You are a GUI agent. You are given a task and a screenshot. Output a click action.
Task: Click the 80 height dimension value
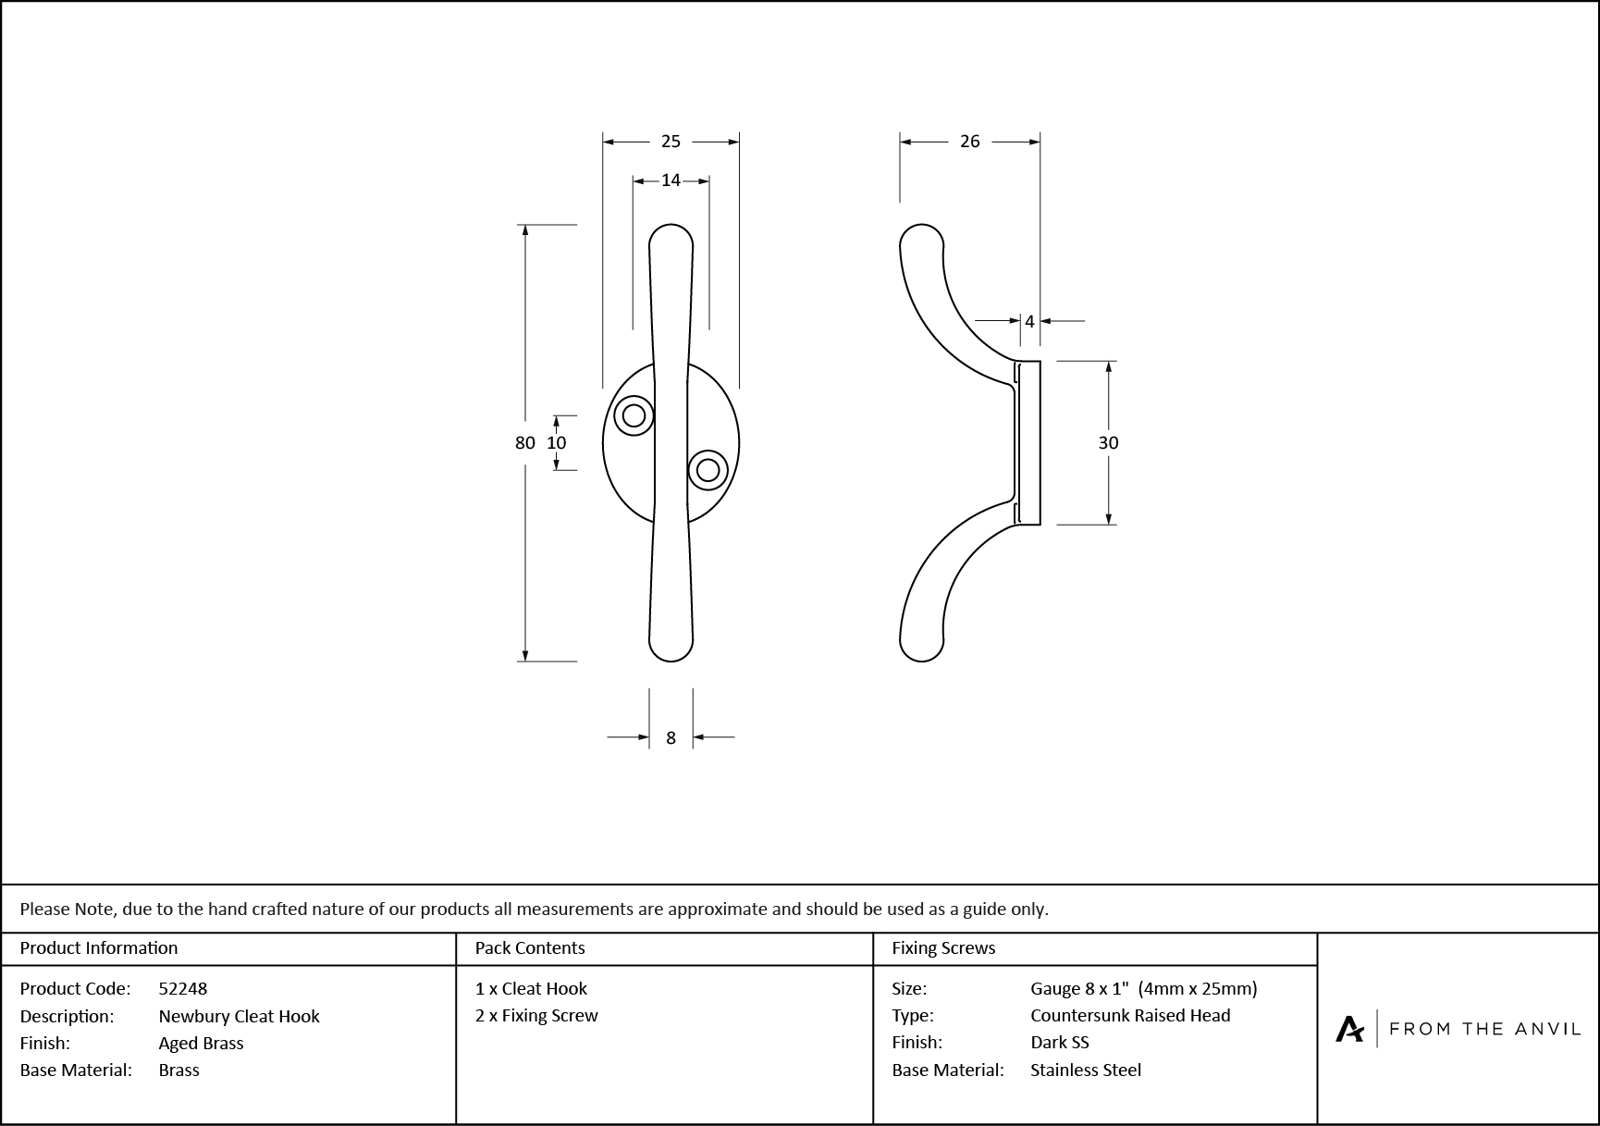point(524,443)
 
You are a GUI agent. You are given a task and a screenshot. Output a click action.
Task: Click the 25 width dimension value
point(671,142)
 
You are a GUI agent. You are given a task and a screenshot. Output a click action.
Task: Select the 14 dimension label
point(671,180)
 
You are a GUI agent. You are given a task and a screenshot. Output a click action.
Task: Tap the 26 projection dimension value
point(969,142)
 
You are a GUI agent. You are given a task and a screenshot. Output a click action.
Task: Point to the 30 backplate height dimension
point(1108,443)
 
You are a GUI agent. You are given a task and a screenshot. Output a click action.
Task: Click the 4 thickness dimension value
point(1029,322)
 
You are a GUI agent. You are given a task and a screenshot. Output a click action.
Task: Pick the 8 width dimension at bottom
point(671,738)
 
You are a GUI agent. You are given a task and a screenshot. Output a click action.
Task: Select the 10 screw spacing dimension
point(556,443)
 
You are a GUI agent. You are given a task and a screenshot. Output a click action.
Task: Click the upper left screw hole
point(634,415)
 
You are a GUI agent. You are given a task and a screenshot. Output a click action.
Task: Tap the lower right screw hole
point(708,470)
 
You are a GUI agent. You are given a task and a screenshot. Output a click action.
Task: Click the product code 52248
point(183,988)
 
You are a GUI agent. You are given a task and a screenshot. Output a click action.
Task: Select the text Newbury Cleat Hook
point(239,1016)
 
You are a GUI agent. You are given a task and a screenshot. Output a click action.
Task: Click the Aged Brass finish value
point(201,1043)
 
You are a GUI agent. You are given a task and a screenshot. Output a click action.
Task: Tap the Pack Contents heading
point(530,948)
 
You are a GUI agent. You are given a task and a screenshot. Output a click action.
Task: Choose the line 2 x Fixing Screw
point(536,1016)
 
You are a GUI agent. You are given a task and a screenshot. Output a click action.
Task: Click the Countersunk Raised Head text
point(1130,1015)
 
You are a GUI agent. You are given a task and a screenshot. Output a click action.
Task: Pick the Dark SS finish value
point(1060,1043)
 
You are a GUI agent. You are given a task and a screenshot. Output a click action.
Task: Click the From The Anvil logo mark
point(1349,1029)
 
